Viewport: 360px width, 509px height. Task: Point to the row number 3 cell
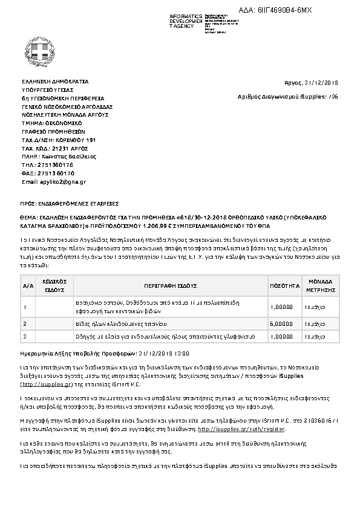pyautogui.click(x=25, y=336)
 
